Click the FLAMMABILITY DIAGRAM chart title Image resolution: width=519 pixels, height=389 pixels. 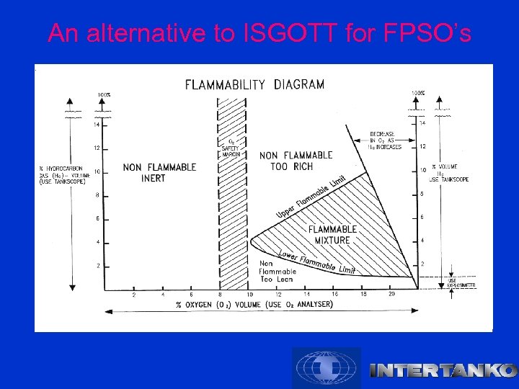[254, 84]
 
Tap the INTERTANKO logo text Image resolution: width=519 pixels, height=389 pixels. [443, 371]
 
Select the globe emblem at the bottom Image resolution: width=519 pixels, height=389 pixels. [326, 367]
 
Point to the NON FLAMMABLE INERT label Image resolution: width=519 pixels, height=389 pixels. [159, 173]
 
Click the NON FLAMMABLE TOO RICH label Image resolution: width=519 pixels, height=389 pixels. [296, 161]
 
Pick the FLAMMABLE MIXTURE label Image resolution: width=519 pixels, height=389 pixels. [332, 235]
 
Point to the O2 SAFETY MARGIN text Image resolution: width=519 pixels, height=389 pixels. [231, 148]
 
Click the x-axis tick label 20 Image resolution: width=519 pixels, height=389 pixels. [391, 295]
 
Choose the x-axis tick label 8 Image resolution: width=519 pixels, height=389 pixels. [220, 295]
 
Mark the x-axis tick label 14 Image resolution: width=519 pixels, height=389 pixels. [306, 295]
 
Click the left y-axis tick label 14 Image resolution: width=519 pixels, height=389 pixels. [97, 125]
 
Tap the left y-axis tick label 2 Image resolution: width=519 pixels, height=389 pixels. [97, 266]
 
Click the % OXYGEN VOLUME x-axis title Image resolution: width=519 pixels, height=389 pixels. [254, 305]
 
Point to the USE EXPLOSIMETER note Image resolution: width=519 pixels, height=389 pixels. [461, 283]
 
